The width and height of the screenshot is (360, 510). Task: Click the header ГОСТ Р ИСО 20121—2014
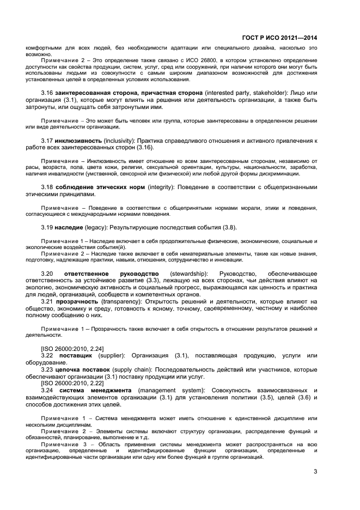pyautogui.click(x=279, y=38)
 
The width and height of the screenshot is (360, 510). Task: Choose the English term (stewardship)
pyautogui.click(x=188, y=273)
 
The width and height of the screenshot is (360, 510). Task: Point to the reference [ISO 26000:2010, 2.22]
pyautogui.click(x=72, y=383)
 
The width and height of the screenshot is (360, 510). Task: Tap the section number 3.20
pyautogui.click(x=47, y=273)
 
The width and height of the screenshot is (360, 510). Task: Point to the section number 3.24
pyautogui.click(x=47, y=390)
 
